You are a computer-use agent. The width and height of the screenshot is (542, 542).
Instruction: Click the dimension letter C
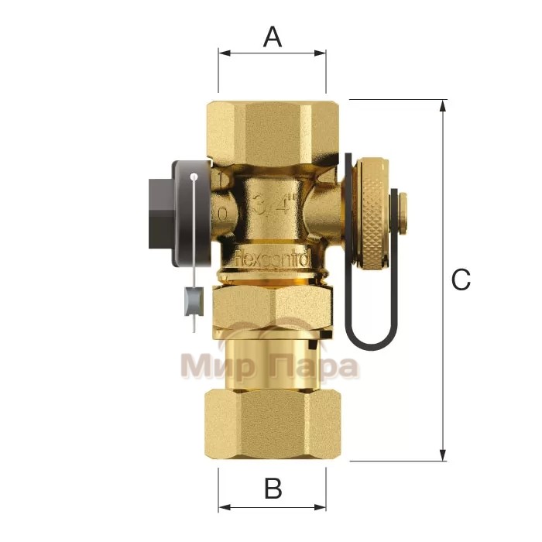(461, 280)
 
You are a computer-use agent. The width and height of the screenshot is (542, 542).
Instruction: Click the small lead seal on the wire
(190, 303)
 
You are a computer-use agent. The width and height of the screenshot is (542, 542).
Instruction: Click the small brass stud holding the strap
(404, 207)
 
